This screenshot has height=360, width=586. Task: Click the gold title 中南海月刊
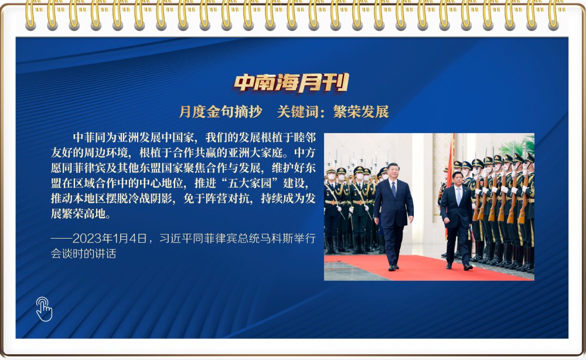291,83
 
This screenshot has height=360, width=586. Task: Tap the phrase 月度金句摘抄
220,112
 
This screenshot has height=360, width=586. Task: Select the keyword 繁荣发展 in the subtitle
361,112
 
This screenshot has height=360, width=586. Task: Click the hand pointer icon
44,309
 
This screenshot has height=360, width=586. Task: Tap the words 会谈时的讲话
83,253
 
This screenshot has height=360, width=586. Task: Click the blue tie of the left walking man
394,189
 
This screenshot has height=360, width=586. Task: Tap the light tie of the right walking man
458,196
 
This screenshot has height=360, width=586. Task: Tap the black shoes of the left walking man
394,267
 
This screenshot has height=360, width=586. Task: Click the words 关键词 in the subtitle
298,112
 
